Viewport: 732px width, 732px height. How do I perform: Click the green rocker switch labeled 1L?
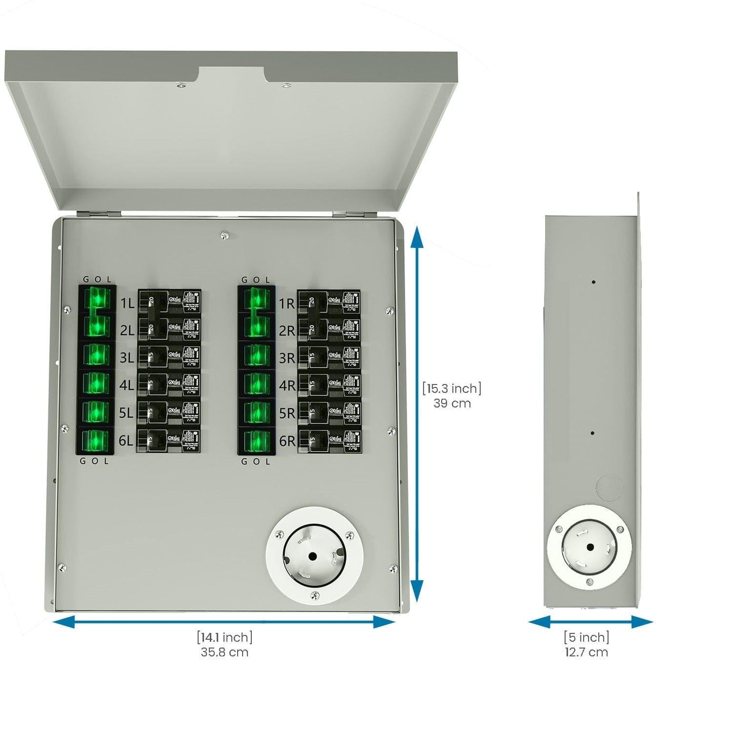[96, 299]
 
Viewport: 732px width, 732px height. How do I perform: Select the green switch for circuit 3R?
[256, 356]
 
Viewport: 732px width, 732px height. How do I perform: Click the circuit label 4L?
[127, 386]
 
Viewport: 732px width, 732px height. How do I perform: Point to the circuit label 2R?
[287, 331]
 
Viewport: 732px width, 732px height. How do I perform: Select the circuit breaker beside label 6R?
[329, 440]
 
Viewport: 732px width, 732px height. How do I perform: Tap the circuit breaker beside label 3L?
[169, 357]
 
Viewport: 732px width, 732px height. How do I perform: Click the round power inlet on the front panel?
[315, 555]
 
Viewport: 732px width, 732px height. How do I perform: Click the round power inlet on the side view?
[590, 547]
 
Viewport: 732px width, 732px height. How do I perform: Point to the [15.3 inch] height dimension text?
[452, 389]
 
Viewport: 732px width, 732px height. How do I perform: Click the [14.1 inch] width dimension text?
[224, 637]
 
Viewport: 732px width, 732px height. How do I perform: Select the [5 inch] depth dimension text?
[587, 637]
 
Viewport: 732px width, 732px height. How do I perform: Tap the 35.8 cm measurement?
[224, 652]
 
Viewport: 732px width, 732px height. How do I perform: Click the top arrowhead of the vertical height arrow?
[416, 236]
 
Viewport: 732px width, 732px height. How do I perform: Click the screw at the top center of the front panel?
[224, 235]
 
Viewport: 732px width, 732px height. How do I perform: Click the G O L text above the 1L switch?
[97, 280]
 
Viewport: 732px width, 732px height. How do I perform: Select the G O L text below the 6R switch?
[256, 461]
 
